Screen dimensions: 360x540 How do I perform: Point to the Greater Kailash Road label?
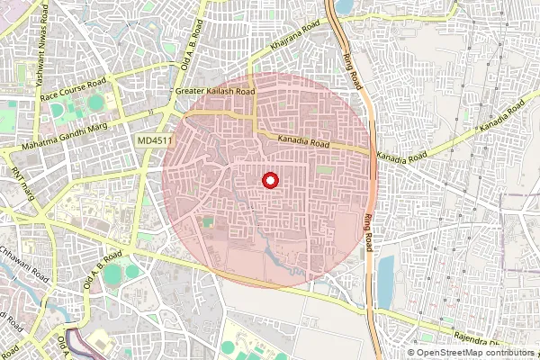point(216,92)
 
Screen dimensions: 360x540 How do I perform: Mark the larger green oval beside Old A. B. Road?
point(112,275)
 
